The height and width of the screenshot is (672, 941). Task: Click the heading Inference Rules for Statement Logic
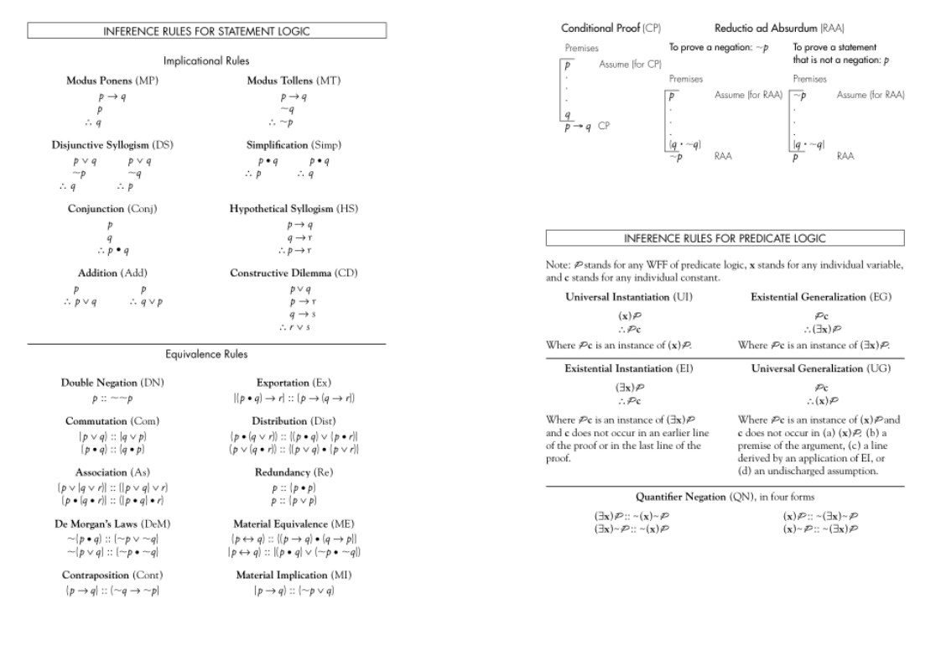(206, 31)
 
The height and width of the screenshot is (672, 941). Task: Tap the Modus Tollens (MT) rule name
(294, 81)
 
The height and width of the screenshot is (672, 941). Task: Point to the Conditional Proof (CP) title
(600, 28)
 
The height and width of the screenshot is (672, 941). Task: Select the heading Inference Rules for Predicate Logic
(725, 237)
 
